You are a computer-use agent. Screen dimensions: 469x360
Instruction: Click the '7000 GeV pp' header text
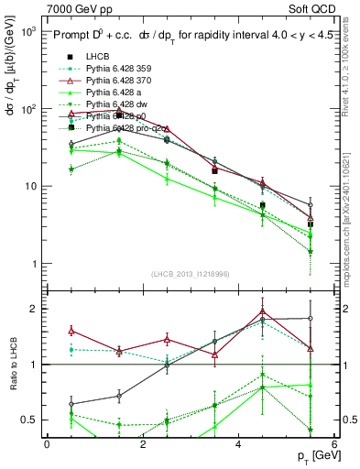click(74, 8)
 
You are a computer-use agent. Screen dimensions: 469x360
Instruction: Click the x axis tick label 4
click(238, 444)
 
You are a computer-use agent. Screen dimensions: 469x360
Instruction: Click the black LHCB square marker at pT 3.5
click(214, 169)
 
